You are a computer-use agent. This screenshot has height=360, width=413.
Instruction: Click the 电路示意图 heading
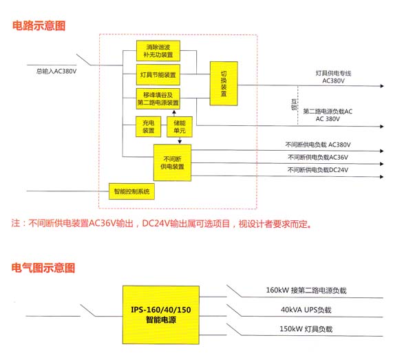coord(39,25)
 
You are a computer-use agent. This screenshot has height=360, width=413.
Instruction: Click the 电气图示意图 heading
coord(43,268)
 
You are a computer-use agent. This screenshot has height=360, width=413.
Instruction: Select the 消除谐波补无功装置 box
coord(158,50)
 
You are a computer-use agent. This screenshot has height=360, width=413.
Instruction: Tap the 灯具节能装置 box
coord(158,74)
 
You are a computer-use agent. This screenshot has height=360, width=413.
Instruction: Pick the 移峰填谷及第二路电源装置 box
coord(158,98)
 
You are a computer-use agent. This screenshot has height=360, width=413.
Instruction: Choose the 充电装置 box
coord(149,127)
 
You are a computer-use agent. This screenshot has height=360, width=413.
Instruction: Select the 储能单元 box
coord(180,127)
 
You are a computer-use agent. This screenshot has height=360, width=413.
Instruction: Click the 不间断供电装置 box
coord(172,162)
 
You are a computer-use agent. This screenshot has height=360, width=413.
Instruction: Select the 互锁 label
coord(293,105)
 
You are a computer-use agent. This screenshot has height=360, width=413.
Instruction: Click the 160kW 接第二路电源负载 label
coord(306,290)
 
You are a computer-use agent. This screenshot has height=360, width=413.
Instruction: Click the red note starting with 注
coord(162,224)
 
